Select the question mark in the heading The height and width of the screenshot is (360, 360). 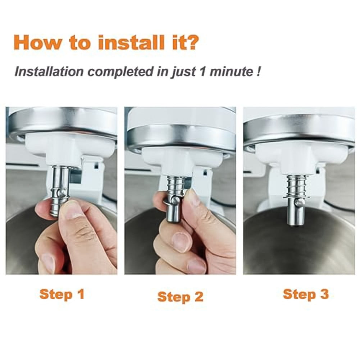191,42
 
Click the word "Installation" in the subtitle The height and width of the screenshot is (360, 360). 49,72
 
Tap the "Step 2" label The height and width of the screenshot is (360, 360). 181,297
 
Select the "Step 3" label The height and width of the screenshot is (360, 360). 306,295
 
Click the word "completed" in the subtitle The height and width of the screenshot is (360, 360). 120,72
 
